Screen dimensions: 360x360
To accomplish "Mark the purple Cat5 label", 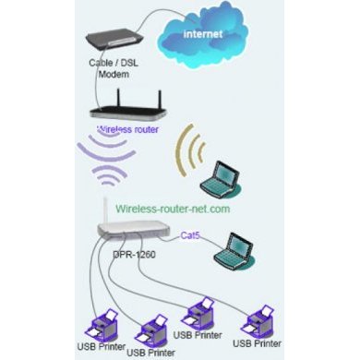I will coord(192,235).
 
